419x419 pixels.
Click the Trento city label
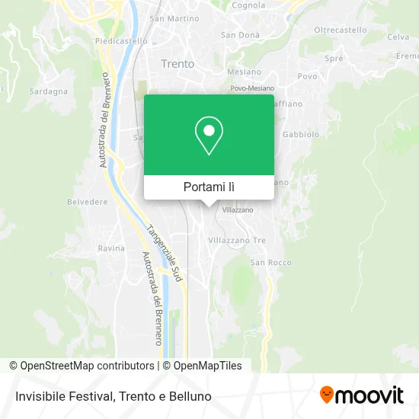point(178,64)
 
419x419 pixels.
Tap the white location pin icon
point(209,136)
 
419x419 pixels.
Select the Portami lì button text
point(209,187)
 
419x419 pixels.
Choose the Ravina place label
point(111,248)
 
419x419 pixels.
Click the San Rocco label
point(270,263)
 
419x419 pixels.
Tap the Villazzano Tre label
point(238,240)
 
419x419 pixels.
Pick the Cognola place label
point(248,5)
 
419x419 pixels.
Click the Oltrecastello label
point(341,30)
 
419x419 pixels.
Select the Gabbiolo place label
point(299,133)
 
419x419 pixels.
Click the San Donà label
point(240,35)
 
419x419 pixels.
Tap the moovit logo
point(361,395)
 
